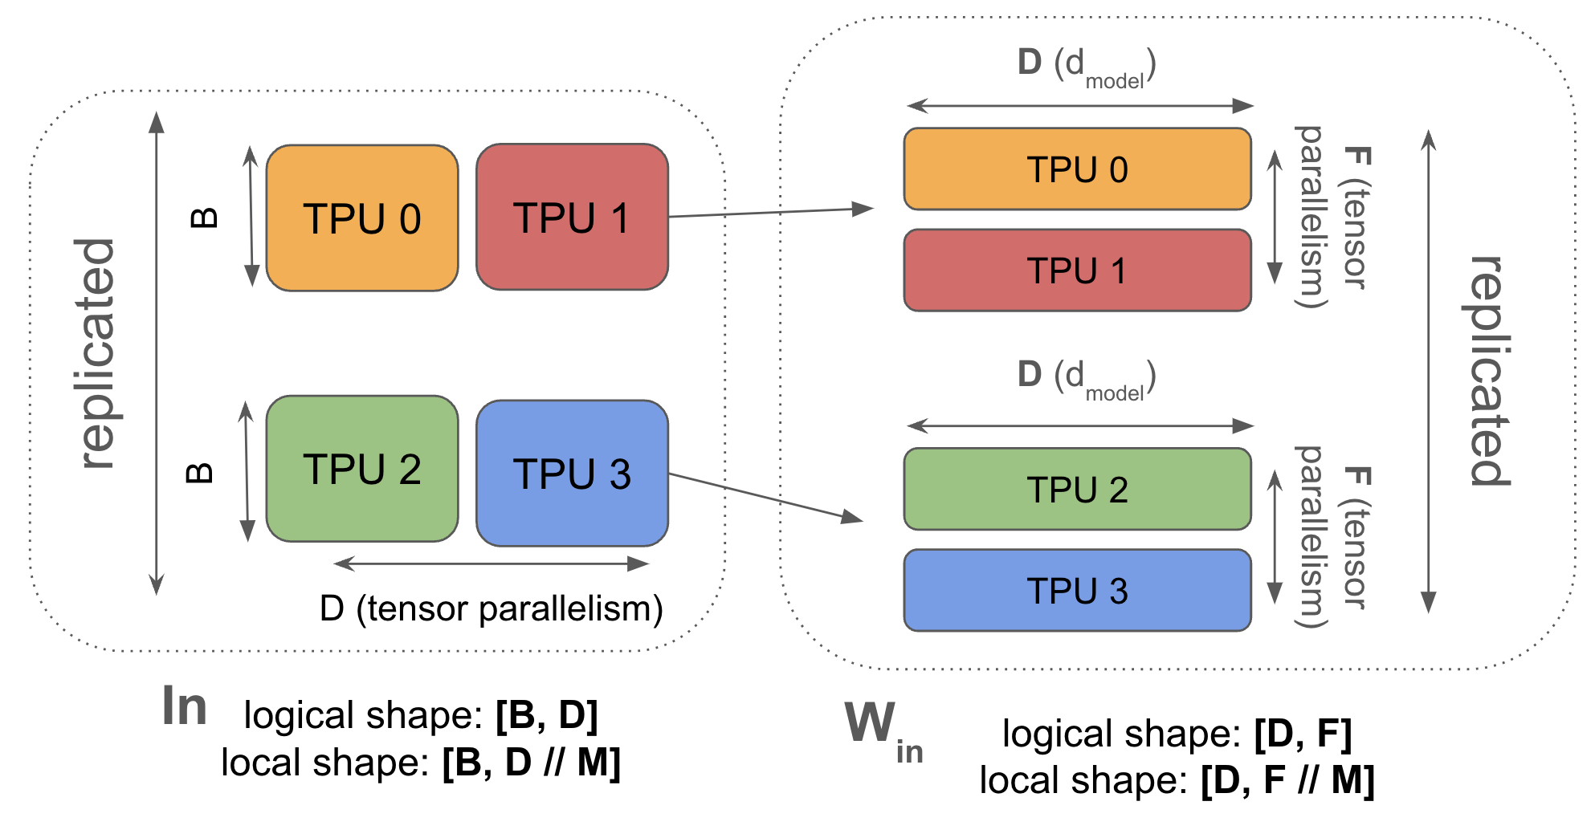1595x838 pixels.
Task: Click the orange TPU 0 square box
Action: click(x=362, y=218)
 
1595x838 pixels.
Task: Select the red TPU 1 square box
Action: click(x=572, y=218)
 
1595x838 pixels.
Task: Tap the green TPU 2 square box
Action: click(x=362, y=469)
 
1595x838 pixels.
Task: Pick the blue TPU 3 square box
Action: click(x=572, y=474)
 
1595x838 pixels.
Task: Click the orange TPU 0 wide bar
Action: click(x=1077, y=169)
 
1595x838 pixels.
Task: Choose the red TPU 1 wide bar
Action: click(x=1077, y=271)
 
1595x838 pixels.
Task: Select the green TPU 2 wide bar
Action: click(x=1077, y=489)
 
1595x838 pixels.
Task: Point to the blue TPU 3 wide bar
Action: click(x=1077, y=590)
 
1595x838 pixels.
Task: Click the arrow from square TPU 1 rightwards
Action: click(x=771, y=213)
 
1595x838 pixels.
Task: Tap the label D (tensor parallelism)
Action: click(x=491, y=608)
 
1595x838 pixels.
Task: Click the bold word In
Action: click(x=185, y=707)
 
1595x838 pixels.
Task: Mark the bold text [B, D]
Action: click(x=546, y=715)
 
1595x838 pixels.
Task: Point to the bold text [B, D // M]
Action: click(x=531, y=763)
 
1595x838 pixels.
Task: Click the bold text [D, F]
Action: click(x=1303, y=733)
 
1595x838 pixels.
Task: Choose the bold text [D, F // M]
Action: click(x=1287, y=780)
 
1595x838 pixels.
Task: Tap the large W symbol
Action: click(x=870, y=722)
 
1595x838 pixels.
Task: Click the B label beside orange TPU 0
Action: click(x=205, y=218)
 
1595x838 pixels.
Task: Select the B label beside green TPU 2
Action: click(x=200, y=473)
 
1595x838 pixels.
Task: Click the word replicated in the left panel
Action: click(x=96, y=353)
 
